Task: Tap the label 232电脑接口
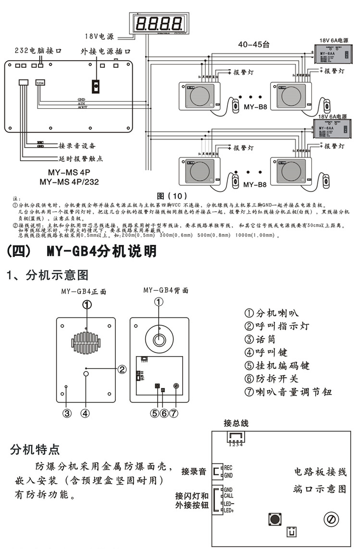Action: point(38,50)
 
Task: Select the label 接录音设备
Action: point(77,145)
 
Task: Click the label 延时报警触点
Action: point(81,158)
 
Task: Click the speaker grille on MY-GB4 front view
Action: point(87,342)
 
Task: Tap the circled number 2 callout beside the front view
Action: point(122,369)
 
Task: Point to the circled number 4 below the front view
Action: point(85,412)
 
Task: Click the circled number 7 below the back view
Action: point(174,412)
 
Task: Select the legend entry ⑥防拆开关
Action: point(272,379)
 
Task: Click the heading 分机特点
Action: point(35,450)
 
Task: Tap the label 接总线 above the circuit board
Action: point(236,423)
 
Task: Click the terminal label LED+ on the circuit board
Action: point(229,510)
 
